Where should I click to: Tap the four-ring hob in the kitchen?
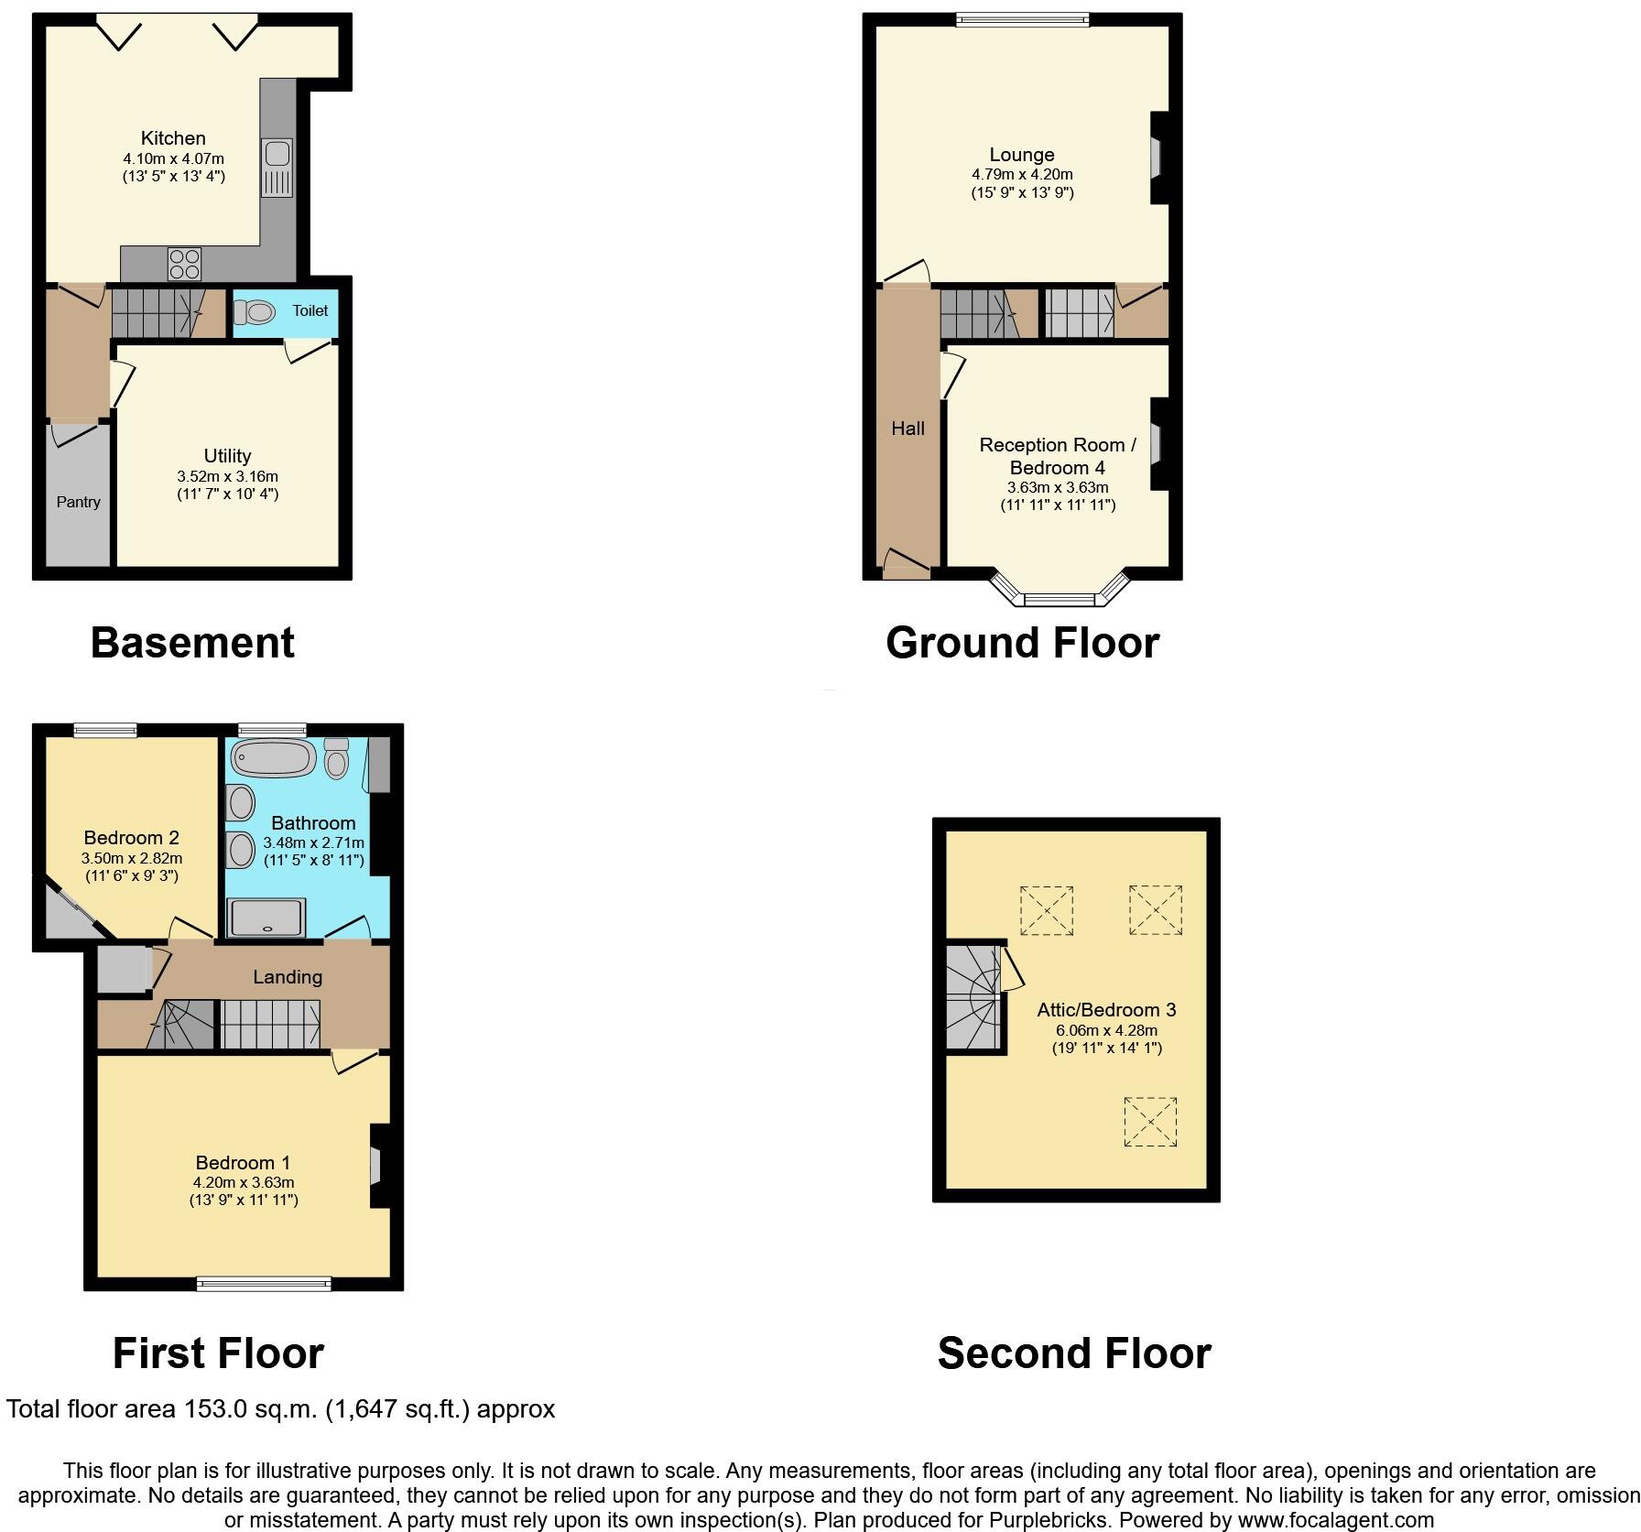click(184, 265)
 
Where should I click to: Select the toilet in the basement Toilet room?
click(254, 312)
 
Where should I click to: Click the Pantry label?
click(78, 502)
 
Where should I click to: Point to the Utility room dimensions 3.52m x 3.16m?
click(227, 476)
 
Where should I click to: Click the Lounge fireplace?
click(1156, 158)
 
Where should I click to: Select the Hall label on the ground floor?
click(907, 429)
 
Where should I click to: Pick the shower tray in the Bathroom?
click(266, 917)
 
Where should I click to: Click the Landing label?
click(288, 977)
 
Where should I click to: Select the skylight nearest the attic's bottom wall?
click(1149, 1121)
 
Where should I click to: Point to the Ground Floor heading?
click(1022, 643)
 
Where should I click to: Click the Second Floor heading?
click(1073, 1353)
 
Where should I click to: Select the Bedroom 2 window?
click(105, 730)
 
